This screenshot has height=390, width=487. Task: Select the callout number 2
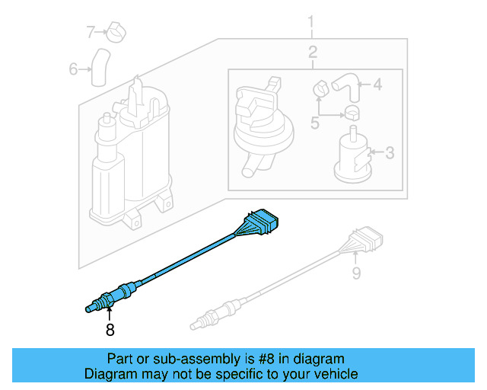(x=312, y=53)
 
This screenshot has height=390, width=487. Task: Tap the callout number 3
(x=390, y=154)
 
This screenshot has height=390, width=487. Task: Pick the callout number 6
(x=74, y=69)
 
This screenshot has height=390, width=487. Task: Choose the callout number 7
(x=91, y=32)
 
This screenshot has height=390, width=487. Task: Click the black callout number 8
(x=110, y=330)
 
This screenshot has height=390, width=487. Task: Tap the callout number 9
(x=355, y=270)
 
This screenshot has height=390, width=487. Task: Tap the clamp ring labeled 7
(x=115, y=32)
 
